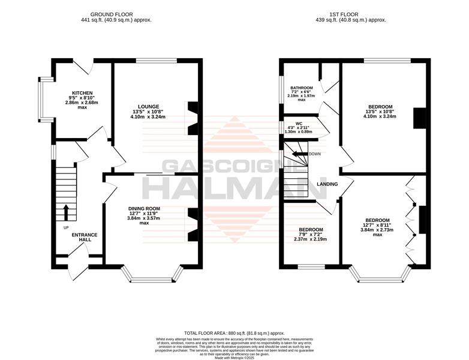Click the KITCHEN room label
82,93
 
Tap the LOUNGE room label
148,107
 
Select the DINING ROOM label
144,209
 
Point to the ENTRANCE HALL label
85,238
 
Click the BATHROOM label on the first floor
302,88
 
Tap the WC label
299,123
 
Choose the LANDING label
327,184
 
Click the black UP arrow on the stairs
66,212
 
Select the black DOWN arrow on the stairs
300,154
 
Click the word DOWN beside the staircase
315,154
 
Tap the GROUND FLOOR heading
112,14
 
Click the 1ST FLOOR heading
344,14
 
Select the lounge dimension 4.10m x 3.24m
148,117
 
